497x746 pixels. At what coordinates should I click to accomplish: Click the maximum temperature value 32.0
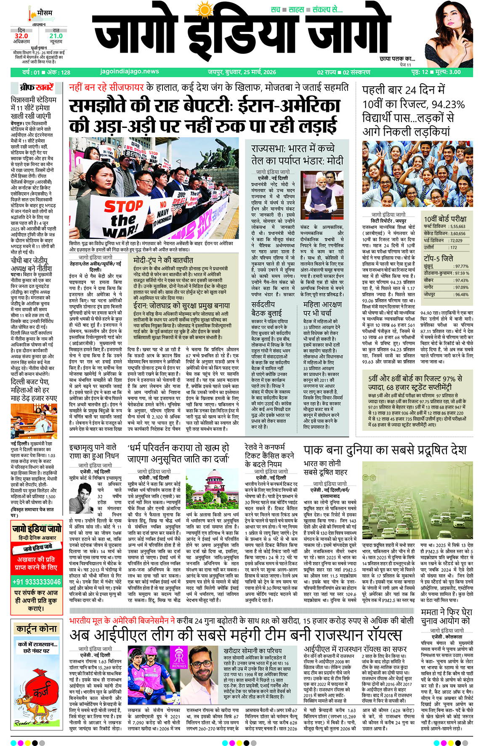point(21,36)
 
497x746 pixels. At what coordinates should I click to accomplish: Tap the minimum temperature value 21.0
point(56,36)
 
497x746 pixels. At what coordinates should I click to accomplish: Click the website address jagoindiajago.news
point(130,72)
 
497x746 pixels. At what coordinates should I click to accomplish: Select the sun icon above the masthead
point(205,9)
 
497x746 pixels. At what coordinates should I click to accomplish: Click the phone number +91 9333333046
point(37,582)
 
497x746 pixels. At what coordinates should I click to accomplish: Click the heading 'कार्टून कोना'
point(37,629)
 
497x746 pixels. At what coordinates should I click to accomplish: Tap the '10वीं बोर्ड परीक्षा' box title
point(445,219)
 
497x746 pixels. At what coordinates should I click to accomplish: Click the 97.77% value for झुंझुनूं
point(461,266)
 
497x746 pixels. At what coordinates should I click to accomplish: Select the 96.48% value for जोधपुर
point(461,295)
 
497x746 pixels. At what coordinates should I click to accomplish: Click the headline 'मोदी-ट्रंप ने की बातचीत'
point(163,260)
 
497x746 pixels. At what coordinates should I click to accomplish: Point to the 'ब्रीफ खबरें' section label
point(37,88)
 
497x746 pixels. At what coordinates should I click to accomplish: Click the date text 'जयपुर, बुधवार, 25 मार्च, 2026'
point(242,72)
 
